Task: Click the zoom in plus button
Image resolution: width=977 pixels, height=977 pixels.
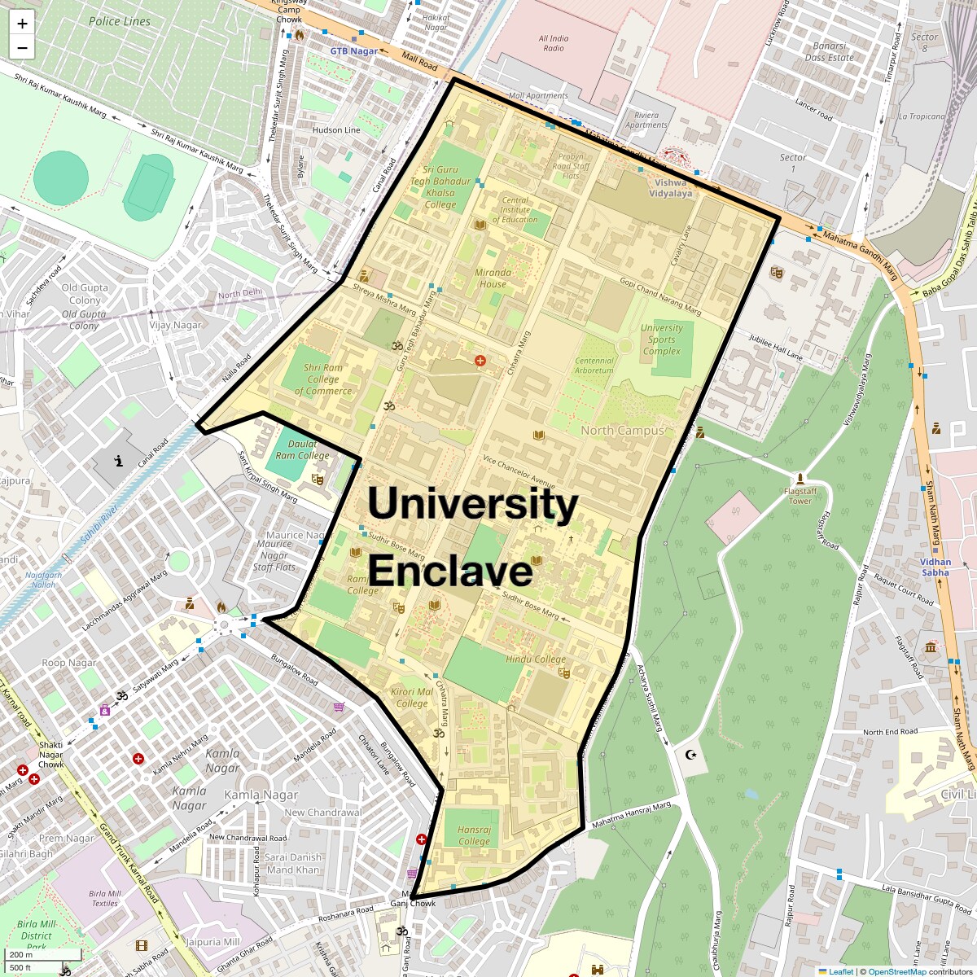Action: tap(22, 24)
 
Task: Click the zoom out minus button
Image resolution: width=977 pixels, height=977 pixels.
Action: tap(22, 48)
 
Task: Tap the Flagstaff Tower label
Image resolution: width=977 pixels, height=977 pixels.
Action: tap(800, 496)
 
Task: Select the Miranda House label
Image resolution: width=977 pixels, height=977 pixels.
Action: tap(493, 278)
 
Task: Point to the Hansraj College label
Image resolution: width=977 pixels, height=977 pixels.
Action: tap(474, 835)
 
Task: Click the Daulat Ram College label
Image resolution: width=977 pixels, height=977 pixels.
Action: tap(302, 449)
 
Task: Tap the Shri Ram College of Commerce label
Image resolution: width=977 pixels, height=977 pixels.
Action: tap(323, 379)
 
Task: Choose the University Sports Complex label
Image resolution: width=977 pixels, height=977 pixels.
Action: tap(662, 340)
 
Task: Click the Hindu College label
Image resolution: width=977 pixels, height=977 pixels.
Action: tap(535, 659)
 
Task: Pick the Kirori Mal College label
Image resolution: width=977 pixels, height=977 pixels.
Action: tap(412, 698)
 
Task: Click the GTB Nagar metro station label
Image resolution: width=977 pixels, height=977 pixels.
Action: tap(354, 51)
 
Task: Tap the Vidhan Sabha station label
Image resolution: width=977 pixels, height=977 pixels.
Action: tap(935, 567)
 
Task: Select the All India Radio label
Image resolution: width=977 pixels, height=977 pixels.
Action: tap(554, 43)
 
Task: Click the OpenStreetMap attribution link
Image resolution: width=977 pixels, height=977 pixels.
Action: tap(896, 971)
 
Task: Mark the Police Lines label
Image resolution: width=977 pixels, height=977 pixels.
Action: tap(120, 21)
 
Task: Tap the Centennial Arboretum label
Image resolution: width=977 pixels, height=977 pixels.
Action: tap(594, 366)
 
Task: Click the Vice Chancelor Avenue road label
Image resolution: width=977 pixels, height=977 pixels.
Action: tap(519, 468)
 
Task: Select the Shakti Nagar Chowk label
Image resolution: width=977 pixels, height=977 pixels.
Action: tap(50, 755)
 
